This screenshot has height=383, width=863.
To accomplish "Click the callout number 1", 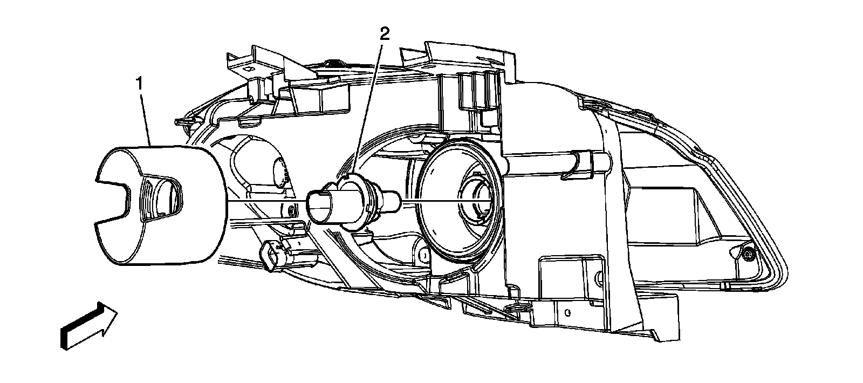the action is tap(139, 85).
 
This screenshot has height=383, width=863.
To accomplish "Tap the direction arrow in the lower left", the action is tap(89, 326).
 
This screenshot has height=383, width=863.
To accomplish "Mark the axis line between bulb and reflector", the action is tap(432, 201).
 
